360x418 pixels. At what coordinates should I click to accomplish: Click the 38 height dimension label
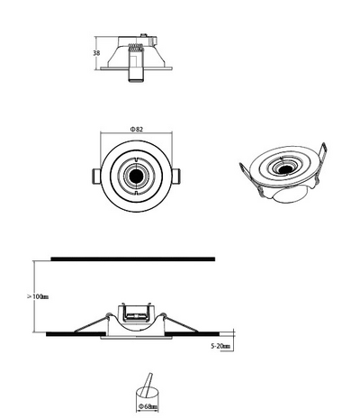(x=96, y=53)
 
